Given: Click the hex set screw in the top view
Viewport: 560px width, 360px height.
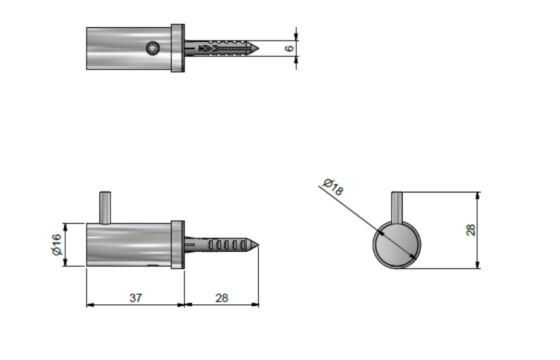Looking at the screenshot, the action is tap(153, 48).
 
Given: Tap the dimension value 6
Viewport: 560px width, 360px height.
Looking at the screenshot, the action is tap(290, 48).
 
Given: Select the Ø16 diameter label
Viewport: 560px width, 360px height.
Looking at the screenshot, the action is tap(57, 244).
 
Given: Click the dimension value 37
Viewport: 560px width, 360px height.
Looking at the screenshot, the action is tap(135, 298).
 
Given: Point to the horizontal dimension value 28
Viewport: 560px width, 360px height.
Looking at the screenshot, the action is tap(221, 298).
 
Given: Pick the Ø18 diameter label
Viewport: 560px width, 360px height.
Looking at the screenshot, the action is tap(333, 187).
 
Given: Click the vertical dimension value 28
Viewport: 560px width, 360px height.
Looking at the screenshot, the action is tap(471, 230).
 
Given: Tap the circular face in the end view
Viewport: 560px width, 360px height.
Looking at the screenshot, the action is tap(397, 245).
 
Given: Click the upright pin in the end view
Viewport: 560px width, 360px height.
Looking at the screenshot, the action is tap(397, 207).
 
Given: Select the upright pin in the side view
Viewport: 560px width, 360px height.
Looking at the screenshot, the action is tap(105, 208).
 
